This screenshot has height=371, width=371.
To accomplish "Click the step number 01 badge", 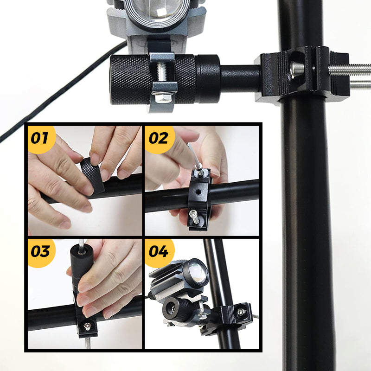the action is click(41, 139).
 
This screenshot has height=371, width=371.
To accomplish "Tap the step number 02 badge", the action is click(159, 139).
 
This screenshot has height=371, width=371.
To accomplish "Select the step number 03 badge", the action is click(41, 252).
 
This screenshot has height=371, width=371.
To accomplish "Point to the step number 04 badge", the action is click(159, 252).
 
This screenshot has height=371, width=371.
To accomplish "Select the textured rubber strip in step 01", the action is click(93, 175).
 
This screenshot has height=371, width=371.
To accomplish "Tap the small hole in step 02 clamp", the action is click(199, 192).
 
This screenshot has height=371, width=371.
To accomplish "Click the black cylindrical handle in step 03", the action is click(81, 268).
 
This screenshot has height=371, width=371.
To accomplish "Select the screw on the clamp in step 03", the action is click(87, 326).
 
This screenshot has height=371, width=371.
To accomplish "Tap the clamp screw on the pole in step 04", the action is click(241, 312).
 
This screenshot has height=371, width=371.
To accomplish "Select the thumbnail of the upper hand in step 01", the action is click(95, 159).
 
